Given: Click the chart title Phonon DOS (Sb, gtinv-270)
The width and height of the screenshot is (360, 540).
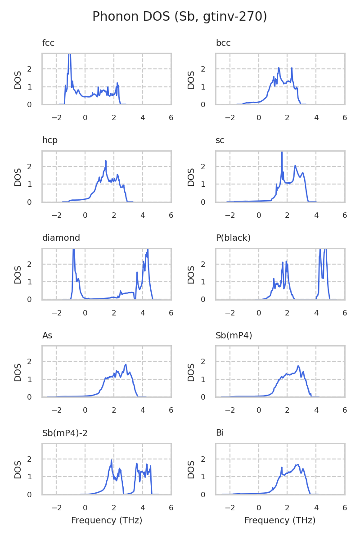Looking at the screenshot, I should pyautogui.click(x=180, y=17).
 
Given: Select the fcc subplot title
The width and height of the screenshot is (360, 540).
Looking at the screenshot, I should pyautogui.click(x=48, y=43).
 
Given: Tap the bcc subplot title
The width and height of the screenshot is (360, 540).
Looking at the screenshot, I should pyautogui.click(x=223, y=43).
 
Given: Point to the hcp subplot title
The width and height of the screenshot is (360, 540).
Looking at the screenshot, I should pyautogui.click(x=50, y=140).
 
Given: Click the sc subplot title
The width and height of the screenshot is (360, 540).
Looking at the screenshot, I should pyautogui.click(x=220, y=140).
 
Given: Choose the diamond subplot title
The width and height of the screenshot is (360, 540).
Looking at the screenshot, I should pyautogui.click(x=61, y=238).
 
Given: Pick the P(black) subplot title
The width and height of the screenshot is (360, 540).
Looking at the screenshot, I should pyautogui.click(x=233, y=238).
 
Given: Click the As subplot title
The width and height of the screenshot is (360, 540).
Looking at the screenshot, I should pyautogui.click(x=47, y=336).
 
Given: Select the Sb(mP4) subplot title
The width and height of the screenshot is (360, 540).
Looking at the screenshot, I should pyautogui.click(x=234, y=336).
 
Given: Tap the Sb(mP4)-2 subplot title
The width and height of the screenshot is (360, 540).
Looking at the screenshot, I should pyautogui.click(x=65, y=433).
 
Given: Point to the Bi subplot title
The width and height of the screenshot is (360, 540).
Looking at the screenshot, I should pyautogui.click(x=220, y=433).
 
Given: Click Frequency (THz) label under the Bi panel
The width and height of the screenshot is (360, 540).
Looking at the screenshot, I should pyautogui.click(x=280, y=521).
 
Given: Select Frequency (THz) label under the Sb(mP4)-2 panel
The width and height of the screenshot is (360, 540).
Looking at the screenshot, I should pyautogui.click(x=107, y=521).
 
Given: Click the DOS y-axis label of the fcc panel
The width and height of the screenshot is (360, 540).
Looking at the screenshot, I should pyautogui.click(x=18, y=79).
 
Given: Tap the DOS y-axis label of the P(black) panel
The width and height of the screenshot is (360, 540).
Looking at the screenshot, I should pyautogui.click(x=191, y=274).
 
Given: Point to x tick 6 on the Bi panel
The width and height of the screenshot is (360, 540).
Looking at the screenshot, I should pyautogui.click(x=345, y=508).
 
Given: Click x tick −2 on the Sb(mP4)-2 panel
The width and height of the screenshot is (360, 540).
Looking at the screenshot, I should pyautogui.click(x=56, y=508).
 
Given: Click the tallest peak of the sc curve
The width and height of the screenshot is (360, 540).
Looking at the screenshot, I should pyautogui.click(x=282, y=153).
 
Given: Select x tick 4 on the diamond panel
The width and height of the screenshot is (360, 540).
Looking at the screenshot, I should pyautogui.click(x=143, y=313).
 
